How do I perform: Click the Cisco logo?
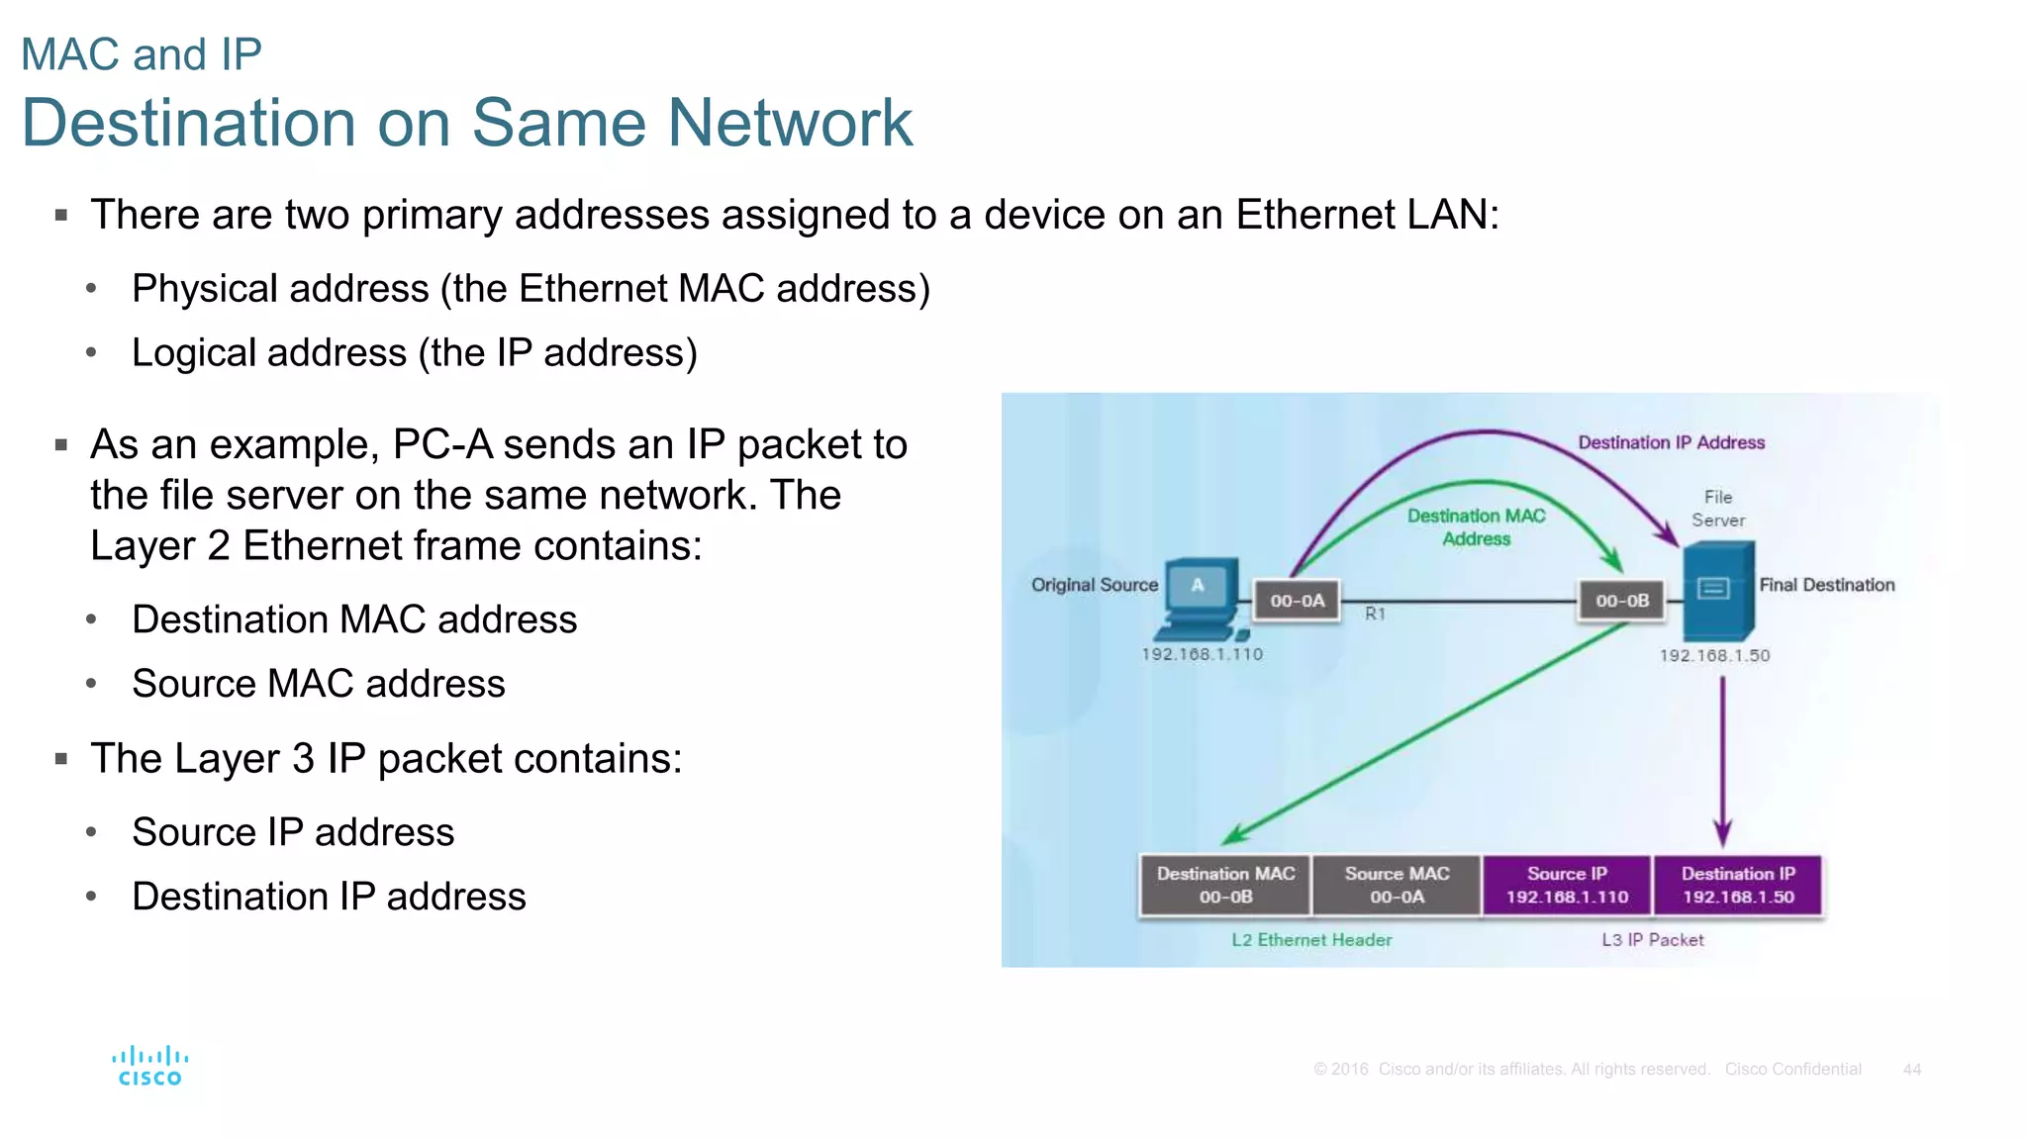pyautogui.click(x=149, y=1066)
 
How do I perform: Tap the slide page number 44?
pyautogui.click(x=1911, y=1069)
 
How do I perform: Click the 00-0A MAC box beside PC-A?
pyautogui.click(x=1297, y=601)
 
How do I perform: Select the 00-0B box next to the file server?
pyautogui.click(x=1621, y=601)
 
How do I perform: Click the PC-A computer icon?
pyautogui.click(x=1201, y=598)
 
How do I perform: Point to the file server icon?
pyautogui.click(x=1718, y=592)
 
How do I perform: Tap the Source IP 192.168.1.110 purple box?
pyautogui.click(x=1567, y=885)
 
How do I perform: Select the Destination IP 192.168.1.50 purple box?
pyautogui.click(x=1737, y=885)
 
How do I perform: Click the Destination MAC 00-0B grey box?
pyautogui.click(x=1225, y=885)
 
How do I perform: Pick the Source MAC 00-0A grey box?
pyautogui.click(x=1397, y=885)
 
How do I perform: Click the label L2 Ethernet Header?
pyautogui.click(x=1311, y=940)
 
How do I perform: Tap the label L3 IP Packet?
pyautogui.click(x=1653, y=940)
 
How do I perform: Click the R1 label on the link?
pyautogui.click(x=1375, y=614)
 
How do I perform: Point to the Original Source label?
pyautogui.click(x=1094, y=585)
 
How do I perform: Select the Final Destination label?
pyautogui.click(x=1826, y=585)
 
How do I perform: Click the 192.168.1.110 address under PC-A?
pyautogui.click(x=1202, y=654)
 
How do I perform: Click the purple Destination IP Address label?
pyautogui.click(x=1671, y=442)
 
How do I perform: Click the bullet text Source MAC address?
pyautogui.click(x=318, y=684)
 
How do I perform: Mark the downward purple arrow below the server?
pyautogui.click(x=1722, y=762)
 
